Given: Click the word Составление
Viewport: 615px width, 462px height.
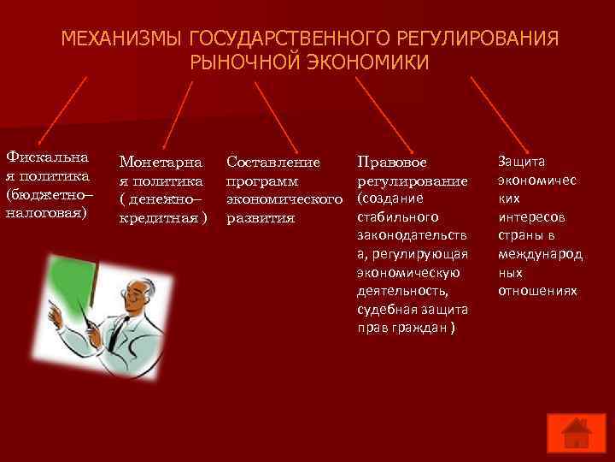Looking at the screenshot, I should (x=272, y=162).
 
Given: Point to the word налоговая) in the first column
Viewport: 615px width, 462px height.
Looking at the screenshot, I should (x=46, y=211).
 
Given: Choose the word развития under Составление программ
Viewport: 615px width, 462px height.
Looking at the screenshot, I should (x=260, y=217).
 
